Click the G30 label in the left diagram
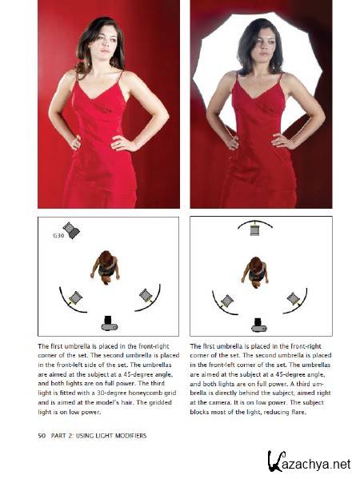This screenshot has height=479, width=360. click(x=58, y=236)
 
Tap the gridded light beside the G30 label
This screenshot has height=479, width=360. click(x=71, y=230)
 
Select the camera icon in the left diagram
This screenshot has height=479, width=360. click(x=110, y=324)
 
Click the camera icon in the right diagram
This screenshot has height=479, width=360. click(x=259, y=325)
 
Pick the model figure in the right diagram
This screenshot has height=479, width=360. click(x=255, y=272)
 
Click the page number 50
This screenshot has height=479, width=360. click(x=42, y=436)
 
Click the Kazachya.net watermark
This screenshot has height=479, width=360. click(x=310, y=463)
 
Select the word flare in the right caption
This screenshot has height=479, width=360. click(x=298, y=412)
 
